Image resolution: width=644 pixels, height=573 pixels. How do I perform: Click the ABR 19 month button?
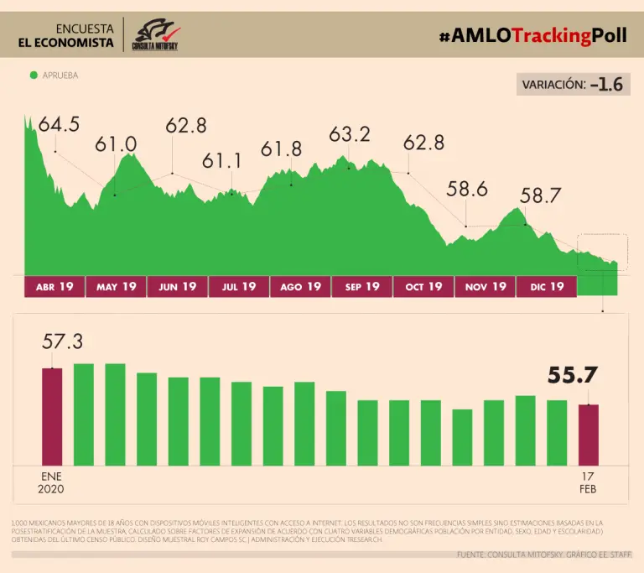55,287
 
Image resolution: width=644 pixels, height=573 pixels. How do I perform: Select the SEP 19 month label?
361,287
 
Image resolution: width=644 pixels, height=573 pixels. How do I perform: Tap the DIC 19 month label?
546,287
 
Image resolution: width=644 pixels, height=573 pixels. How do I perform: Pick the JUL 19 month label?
239,287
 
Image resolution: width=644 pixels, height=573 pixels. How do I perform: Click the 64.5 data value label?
59,125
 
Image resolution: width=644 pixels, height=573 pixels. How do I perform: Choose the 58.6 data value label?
467,190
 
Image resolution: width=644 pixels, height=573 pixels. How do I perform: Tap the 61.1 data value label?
221,160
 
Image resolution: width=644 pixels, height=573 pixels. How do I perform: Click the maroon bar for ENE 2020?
52,416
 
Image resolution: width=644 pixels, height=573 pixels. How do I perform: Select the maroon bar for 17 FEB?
589,435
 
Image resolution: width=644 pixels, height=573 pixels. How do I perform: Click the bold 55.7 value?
573,376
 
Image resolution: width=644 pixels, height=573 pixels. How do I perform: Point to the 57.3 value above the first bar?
63,341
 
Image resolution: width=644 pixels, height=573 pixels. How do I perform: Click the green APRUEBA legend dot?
34,76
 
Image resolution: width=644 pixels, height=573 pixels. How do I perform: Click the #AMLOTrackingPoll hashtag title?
532,35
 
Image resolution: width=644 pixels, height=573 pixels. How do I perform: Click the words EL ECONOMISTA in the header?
66,43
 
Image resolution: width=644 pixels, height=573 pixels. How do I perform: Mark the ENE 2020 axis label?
51,482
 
